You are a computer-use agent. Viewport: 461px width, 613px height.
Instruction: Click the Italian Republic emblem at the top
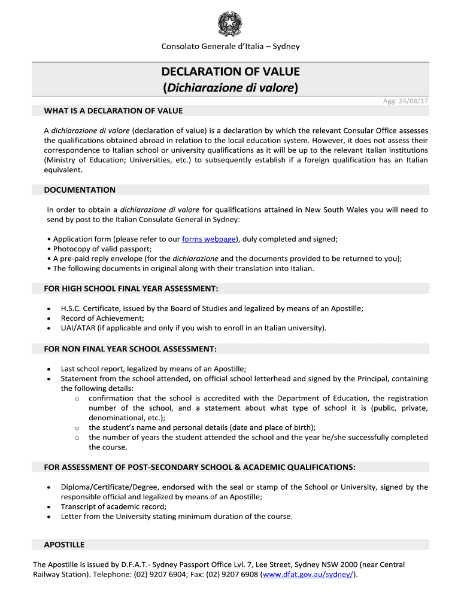pos(230,25)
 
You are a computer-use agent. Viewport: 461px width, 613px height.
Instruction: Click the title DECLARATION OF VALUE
pos(230,72)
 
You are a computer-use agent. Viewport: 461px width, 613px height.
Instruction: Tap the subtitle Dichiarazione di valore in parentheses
pos(230,88)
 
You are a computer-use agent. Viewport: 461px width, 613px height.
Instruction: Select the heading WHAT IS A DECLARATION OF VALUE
pos(113,111)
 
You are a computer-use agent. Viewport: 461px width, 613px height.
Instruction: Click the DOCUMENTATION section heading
pos(80,190)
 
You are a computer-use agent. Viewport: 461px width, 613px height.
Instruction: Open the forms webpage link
pos(209,239)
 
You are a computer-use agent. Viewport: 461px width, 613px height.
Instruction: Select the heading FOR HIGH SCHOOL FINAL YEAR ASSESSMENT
pos(131,289)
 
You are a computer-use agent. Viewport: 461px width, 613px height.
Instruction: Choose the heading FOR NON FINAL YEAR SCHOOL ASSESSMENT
pos(130,349)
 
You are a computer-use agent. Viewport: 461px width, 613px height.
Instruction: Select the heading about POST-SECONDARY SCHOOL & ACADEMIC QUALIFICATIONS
pos(199,467)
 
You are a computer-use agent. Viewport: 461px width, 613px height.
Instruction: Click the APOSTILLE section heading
pos(64,545)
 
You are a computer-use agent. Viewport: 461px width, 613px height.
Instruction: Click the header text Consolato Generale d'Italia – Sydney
pos(230,47)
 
